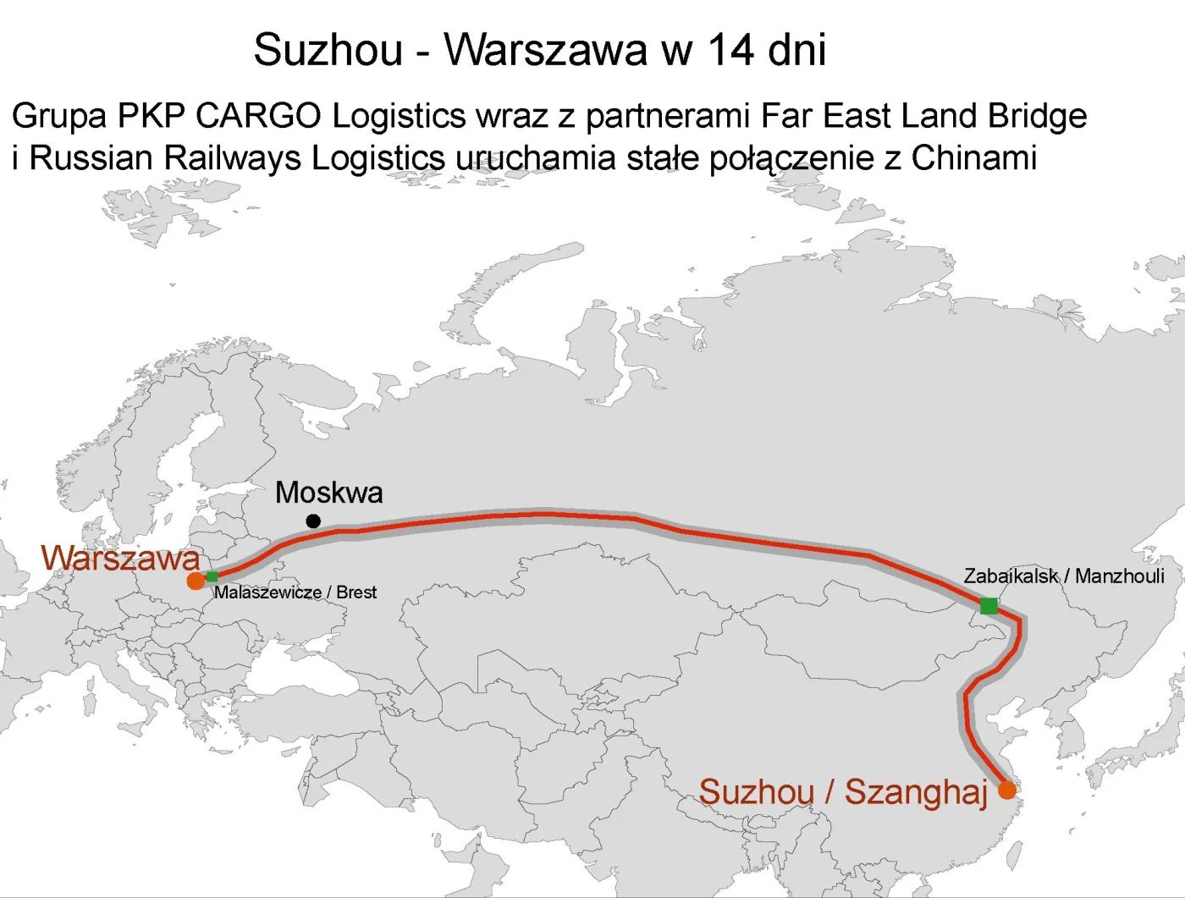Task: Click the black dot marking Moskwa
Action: (313, 521)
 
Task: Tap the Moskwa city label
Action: (328, 492)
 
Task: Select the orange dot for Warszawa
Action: (196, 581)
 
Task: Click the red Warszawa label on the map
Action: (120, 558)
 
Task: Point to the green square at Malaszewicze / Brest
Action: (212, 576)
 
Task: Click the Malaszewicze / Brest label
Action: (295, 592)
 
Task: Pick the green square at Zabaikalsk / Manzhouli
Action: (988, 605)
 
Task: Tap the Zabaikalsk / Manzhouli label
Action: (1063, 576)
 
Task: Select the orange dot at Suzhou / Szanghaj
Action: (1006, 790)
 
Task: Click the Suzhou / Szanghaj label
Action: (843, 792)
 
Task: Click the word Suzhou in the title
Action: (328, 49)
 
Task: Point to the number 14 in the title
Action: (730, 49)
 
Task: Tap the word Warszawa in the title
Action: (547, 49)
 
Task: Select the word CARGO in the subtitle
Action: (258, 116)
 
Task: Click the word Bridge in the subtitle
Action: (1037, 116)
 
